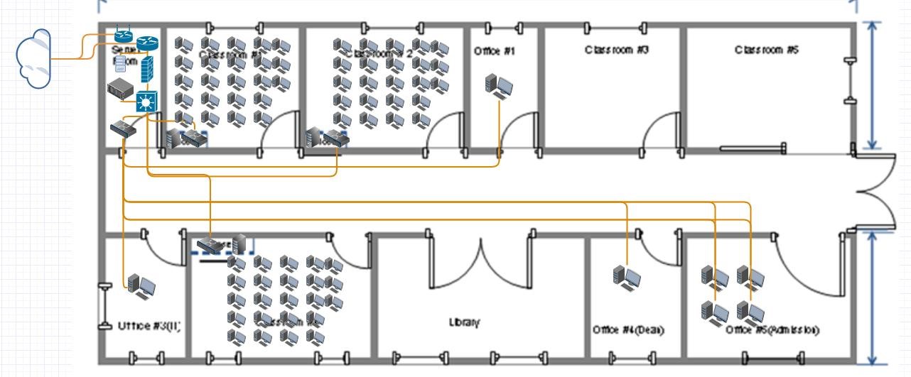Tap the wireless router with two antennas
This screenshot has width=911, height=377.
(x=124, y=36)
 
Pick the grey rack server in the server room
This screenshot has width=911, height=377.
(x=119, y=91)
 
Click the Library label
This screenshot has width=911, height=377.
(x=464, y=322)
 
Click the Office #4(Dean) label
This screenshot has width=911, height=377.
(x=628, y=331)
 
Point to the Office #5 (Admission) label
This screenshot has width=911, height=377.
(x=772, y=330)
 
